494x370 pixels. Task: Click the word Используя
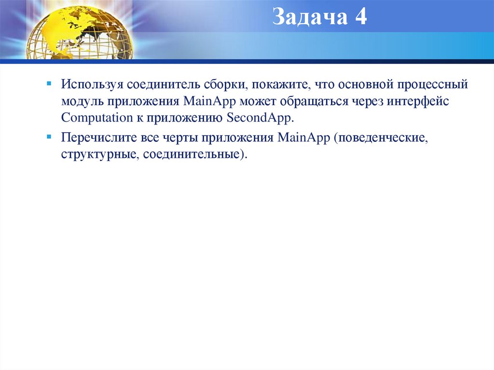[x=92, y=85]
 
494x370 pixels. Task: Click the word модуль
[x=82, y=102]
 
